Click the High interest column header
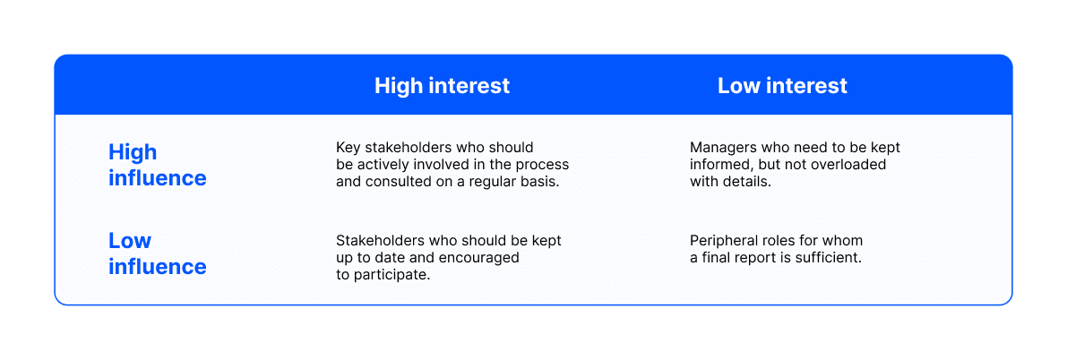[442, 86]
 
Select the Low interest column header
[782, 86]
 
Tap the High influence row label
[157, 165]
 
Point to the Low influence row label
[157, 253]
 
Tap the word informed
[721, 165]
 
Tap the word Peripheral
[724, 241]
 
